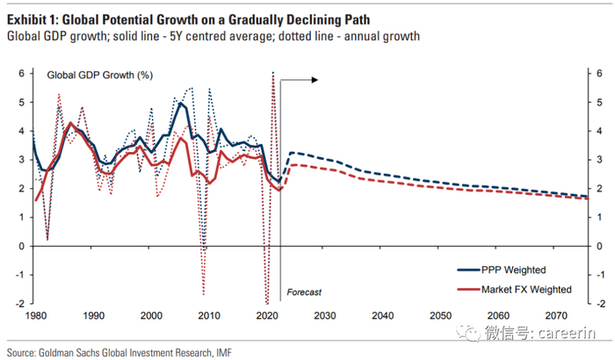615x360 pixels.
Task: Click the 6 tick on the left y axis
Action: point(21,73)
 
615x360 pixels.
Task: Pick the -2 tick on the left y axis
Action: point(19,303)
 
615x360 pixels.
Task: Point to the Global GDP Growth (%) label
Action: point(92,78)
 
